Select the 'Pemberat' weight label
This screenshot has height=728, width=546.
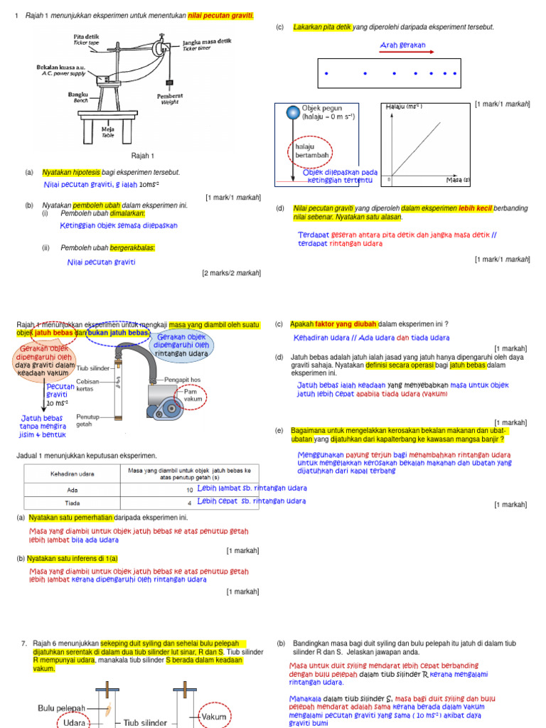169,99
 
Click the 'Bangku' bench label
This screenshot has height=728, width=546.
78,96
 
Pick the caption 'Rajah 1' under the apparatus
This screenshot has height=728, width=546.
143,155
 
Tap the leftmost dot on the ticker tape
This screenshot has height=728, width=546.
326,73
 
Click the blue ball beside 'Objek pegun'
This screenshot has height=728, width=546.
292,112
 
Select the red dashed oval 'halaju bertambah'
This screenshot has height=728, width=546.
305,150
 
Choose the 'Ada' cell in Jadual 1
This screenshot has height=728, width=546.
73,489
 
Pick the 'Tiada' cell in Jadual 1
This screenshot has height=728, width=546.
73,502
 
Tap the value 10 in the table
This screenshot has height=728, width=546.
190,490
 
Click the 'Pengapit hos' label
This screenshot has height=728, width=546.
183,380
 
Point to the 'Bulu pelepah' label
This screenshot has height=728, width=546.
61,708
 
